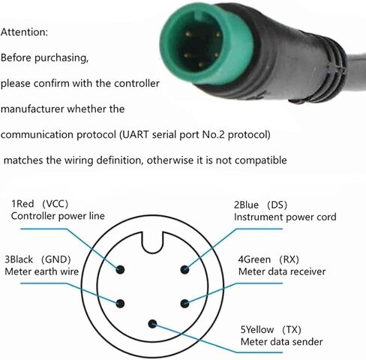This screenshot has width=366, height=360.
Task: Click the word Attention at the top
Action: [24, 32]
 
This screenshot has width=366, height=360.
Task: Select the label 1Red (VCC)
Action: [40, 204]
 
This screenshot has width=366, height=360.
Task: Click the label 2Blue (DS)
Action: [260, 205]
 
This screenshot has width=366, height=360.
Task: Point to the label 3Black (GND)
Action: [37, 259]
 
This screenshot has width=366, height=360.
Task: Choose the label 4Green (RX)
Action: [268, 259]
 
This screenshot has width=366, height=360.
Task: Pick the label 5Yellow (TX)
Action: [271, 330]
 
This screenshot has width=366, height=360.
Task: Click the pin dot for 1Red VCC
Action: [120, 269]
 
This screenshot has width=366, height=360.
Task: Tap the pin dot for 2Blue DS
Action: [184, 269]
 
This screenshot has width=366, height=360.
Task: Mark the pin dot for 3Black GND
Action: [120, 304]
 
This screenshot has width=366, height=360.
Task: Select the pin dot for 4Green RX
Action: [184, 304]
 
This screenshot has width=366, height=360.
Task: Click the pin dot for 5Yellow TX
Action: [152, 324]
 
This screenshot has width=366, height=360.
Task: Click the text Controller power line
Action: [58, 216]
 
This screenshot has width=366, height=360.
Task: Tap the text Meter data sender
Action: [281, 342]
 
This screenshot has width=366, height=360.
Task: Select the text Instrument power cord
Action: [285, 217]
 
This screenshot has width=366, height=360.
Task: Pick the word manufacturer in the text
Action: [32, 109]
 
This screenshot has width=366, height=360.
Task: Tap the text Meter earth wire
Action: [42, 271]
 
